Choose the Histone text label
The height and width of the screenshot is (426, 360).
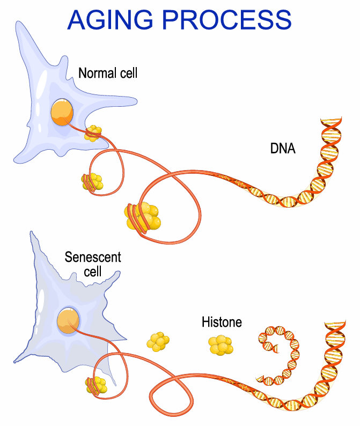pyautogui.click(x=222, y=322)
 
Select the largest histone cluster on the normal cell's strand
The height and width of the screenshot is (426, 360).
pyautogui.click(x=142, y=215)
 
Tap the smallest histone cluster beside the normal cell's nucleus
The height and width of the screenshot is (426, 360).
pyautogui.click(x=93, y=133)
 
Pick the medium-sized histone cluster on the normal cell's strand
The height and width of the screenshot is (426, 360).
pyautogui.click(x=92, y=182)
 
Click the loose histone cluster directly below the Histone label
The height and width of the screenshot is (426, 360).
pyautogui.click(x=221, y=344)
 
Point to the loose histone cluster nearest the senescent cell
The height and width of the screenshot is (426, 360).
pyautogui.click(x=158, y=341)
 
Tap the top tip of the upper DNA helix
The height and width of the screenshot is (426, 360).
pyautogui.click(x=330, y=119)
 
